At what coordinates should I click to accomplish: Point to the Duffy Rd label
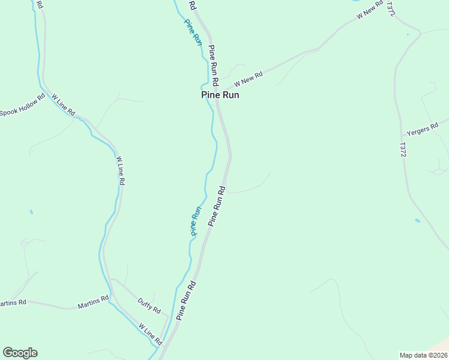149,305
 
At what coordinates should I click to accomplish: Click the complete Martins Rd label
93,302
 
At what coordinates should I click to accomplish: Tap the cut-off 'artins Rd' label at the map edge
13,303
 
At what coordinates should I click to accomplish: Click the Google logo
20,353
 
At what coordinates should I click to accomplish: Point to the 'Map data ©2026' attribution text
423,355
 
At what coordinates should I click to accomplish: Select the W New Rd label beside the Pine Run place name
249,79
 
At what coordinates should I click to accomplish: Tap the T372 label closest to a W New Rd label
391,8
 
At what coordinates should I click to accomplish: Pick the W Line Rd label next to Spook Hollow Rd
63,104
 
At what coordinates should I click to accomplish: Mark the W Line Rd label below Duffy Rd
151,334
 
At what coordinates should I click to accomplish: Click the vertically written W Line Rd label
120,170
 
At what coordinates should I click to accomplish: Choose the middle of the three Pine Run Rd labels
217,206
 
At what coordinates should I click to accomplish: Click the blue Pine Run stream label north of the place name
193,32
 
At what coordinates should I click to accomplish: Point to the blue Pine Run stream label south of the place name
195,221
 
